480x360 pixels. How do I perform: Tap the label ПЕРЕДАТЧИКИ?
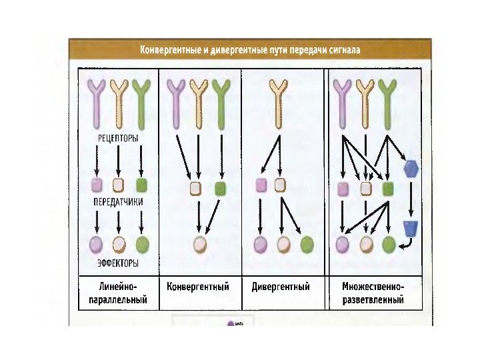coord(117,201)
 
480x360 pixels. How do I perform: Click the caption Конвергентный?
coord(197,287)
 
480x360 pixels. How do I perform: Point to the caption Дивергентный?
coord(281,287)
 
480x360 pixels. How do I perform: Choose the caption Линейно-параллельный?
coord(117,293)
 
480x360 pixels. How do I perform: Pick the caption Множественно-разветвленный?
coord(373,293)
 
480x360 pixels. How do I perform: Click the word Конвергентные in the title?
coord(171,50)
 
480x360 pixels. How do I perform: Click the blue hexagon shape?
coord(411,168)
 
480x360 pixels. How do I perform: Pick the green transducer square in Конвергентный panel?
coord(221,188)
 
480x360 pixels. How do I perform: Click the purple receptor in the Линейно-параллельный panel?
coord(97,100)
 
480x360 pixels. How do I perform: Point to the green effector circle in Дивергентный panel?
coord(307,244)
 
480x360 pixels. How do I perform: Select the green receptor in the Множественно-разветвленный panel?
coord(385,100)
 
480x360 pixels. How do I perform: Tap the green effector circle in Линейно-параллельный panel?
coord(142,244)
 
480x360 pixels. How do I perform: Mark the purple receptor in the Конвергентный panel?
coord(176,100)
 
